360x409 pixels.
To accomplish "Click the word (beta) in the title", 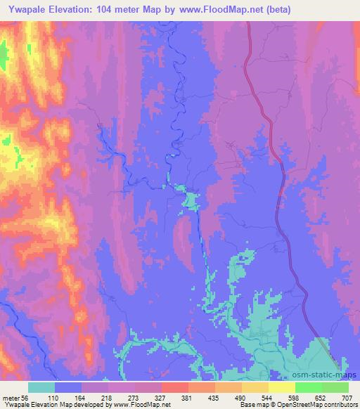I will [x=274, y=10].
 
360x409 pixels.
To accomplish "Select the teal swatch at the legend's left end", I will [x=41, y=388].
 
